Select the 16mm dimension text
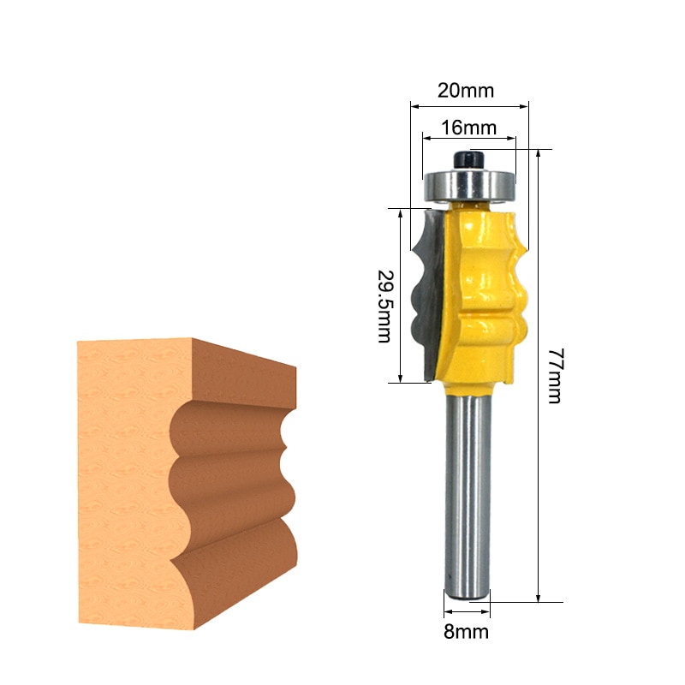pos(468,128)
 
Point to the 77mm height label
pos(554,377)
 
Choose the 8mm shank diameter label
pos(466,632)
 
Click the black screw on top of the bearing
pos(469,159)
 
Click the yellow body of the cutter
pos(484,291)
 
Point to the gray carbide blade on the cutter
pos(426,291)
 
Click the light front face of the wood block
pos(124,479)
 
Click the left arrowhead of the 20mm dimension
pos(414,107)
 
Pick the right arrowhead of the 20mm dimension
pos(525,107)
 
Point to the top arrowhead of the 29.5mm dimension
pos(400,211)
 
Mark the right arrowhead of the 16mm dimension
pos(514,137)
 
